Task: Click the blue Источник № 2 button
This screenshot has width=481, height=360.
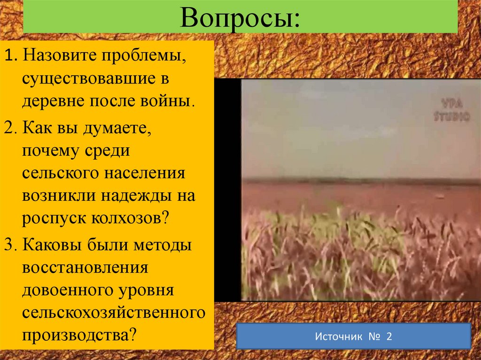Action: (353, 337)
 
